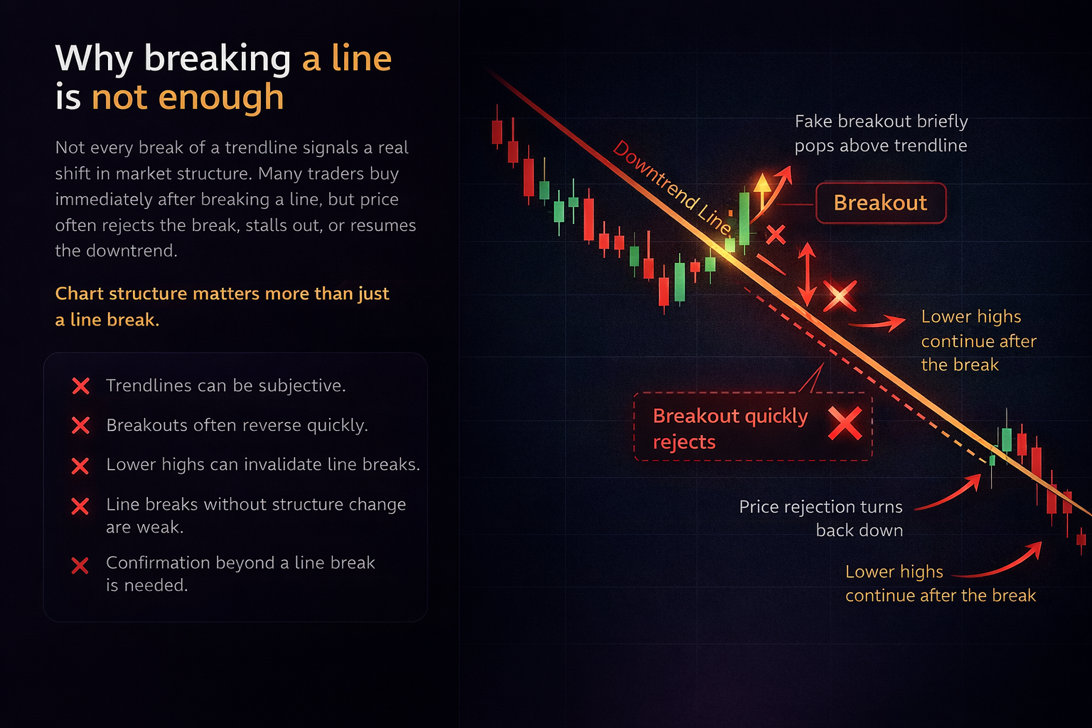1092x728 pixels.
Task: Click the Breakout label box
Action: click(x=880, y=203)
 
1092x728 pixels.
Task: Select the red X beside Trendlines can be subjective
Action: click(x=81, y=386)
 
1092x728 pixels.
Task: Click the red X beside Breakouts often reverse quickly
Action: click(x=81, y=425)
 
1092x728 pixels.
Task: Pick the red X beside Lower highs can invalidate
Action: click(x=80, y=466)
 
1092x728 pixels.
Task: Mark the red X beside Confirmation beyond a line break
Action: click(x=80, y=566)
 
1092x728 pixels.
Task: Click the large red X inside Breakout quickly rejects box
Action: click(x=845, y=424)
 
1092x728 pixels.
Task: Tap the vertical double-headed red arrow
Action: click(x=807, y=274)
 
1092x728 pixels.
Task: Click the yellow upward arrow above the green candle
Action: click(x=762, y=186)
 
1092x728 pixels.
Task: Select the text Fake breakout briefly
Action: click(x=881, y=122)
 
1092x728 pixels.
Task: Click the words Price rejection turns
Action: click(x=820, y=507)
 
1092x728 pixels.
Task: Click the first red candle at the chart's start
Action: click(x=497, y=132)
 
